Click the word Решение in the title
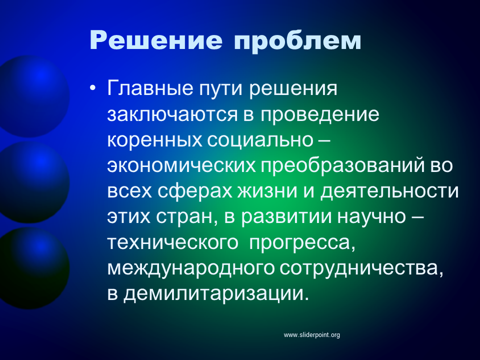pos(156,40)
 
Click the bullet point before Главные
pos(93,88)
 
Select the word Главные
pos(150,88)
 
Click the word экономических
pos(181,166)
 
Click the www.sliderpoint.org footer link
pos(312,335)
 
